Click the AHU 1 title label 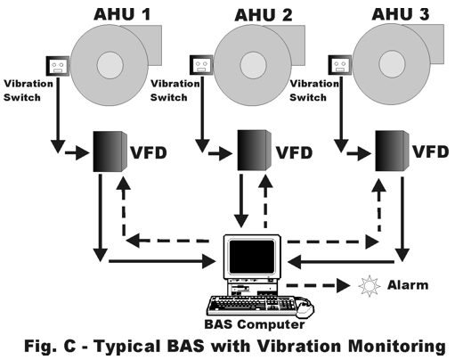click(x=122, y=14)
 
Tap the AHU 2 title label click(x=264, y=15)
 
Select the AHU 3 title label click(x=401, y=14)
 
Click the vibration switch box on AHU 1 click(x=58, y=66)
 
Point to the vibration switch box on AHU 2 click(x=201, y=65)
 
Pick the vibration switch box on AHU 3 click(x=340, y=65)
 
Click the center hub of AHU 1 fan click(x=110, y=65)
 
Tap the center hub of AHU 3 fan click(x=392, y=64)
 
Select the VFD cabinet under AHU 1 click(x=110, y=151)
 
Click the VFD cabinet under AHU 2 click(x=254, y=151)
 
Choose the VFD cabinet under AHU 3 click(x=392, y=151)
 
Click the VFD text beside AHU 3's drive click(x=431, y=151)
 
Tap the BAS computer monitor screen click(x=252, y=257)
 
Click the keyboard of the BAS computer click(x=252, y=306)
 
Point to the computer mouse click(x=305, y=307)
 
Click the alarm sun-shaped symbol click(x=370, y=286)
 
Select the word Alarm click(x=408, y=285)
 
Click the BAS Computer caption click(x=255, y=324)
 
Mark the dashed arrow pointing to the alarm click(x=318, y=286)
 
